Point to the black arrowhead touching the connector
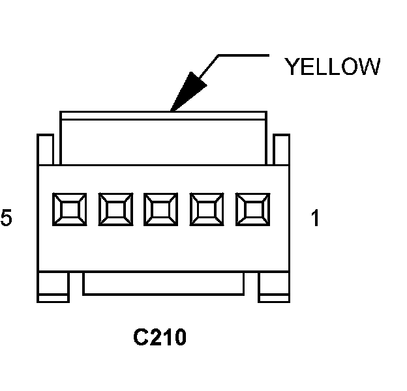(x=185, y=92)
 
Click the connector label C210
(x=160, y=338)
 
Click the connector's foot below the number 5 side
(x=53, y=287)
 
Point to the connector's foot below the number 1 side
(x=274, y=287)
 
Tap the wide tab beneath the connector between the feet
(x=163, y=283)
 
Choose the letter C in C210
(x=140, y=338)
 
